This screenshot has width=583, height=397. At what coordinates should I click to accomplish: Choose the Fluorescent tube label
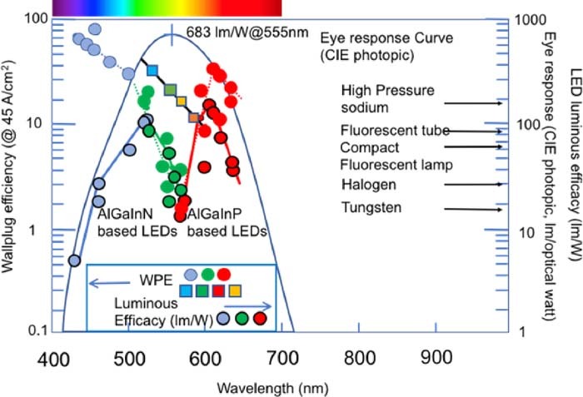coord(395,131)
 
